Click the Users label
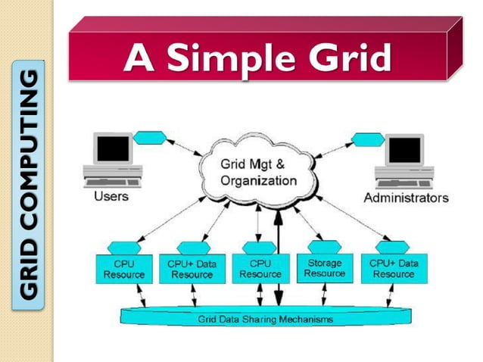111,197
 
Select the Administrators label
406,198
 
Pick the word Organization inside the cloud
258,181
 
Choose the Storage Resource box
325,268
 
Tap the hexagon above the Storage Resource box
323,247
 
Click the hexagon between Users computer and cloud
149,139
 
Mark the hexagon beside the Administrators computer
369,139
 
